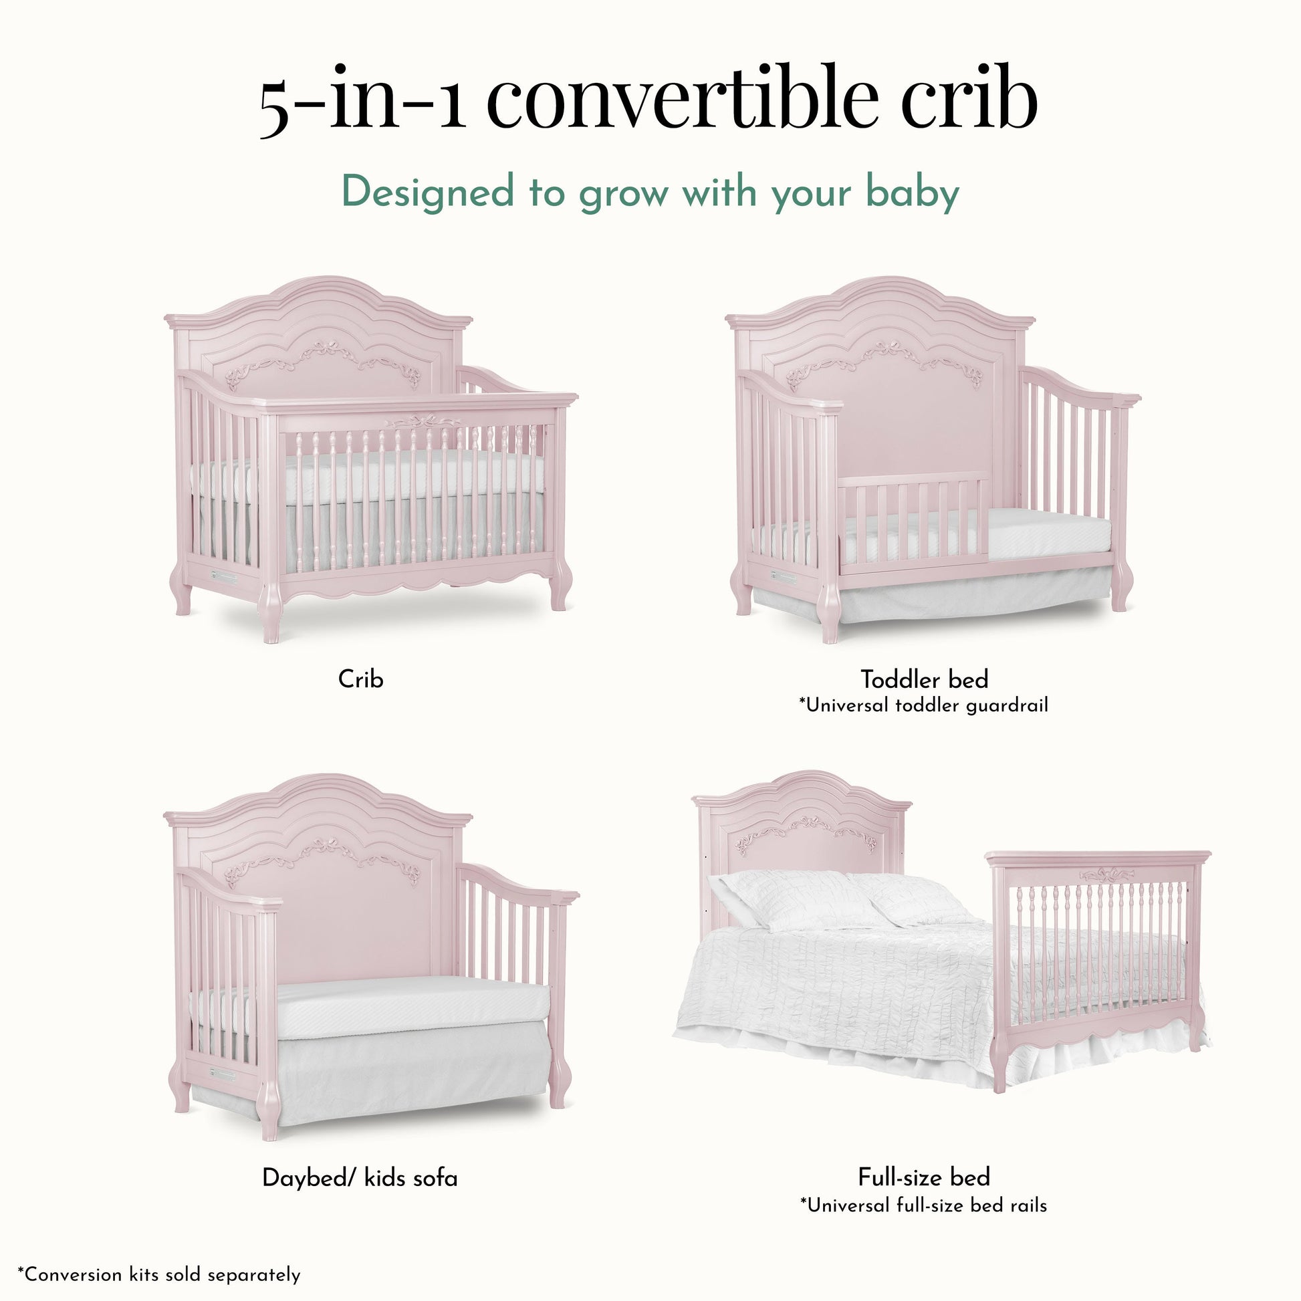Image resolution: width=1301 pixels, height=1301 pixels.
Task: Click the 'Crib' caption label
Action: click(x=361, y=679)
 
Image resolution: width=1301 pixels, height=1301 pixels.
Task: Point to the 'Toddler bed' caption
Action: click(x=924, y=679)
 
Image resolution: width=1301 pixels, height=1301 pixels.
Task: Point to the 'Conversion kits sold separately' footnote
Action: click(x=159, y=1274)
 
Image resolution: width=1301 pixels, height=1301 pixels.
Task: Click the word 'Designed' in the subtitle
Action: click(x=429, y=193)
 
